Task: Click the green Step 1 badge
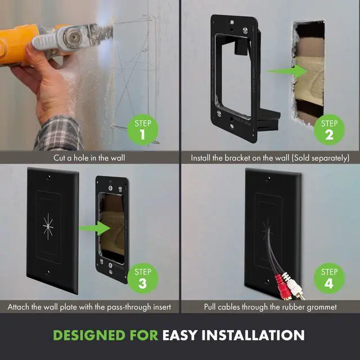[x=142, y=130]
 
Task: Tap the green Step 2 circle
[x=329, y=130]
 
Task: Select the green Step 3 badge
[x=142, y=278]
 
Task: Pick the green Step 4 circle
[x=329, y=278]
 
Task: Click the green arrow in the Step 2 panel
[x=287, y=71]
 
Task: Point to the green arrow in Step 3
[x=94, y=228]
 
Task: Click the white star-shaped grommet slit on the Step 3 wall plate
[x=48, y=227]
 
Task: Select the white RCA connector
[x=294, y=286]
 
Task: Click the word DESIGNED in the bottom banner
[x=89, y=335]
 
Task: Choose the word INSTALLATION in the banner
[x=253, y=335]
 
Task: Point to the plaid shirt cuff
[x=59, y=133]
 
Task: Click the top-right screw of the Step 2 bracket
[x=245, y=30]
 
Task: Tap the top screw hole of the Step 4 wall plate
[x=268, y=178]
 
